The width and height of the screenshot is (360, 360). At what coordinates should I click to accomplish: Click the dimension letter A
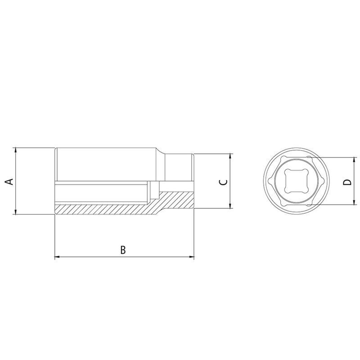click(x=8, y=181)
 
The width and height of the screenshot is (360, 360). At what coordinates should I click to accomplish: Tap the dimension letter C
click(x=222, y=182)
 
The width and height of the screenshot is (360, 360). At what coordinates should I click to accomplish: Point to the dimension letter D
click(x=346, y=182)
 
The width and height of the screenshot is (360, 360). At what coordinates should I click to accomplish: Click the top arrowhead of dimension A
click(x=16, y=150)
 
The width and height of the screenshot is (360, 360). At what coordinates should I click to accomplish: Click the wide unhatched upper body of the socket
click(x=106, y=164)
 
